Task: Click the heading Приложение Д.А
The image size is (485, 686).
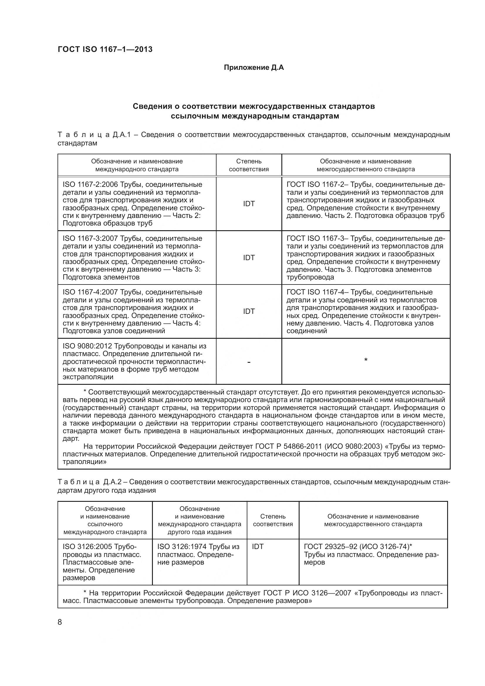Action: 254,67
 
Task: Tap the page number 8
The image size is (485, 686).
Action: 60,622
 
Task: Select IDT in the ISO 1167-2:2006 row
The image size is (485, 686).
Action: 249,204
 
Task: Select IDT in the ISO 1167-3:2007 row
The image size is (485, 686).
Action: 249,258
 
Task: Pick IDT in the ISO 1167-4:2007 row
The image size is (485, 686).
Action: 249,311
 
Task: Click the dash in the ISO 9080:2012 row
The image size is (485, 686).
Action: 249,363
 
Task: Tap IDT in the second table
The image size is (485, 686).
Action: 258,547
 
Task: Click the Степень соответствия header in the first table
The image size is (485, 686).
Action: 249,165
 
